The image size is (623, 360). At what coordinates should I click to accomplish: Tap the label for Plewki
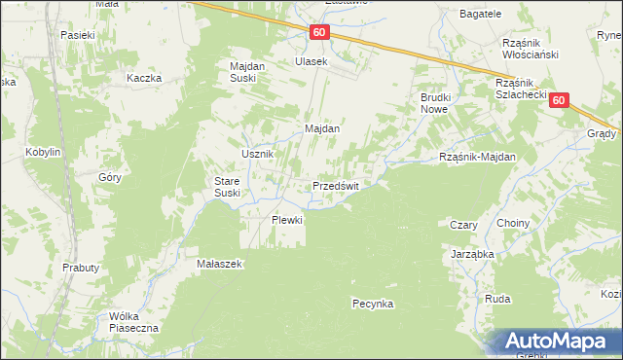tap(287, 220)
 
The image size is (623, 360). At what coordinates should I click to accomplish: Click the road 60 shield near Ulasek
tap(319, 33)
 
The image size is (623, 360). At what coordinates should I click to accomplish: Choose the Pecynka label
tap(372, 304)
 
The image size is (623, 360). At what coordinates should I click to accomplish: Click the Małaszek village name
tap(219, 264)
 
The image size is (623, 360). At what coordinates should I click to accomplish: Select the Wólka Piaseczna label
tap(134, 322)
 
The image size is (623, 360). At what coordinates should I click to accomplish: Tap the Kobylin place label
tap(44, 153)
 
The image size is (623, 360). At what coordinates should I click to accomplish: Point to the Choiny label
tap(513, 224)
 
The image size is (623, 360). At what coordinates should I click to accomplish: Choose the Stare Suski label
tap(234, 187)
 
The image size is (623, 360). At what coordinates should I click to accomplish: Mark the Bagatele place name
tap(481, 14)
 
